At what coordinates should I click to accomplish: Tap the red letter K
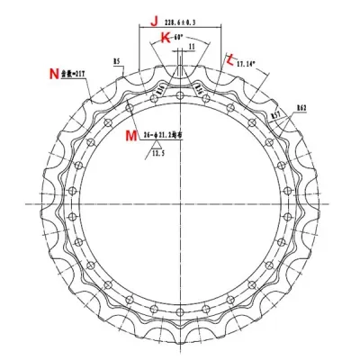pos(165,36)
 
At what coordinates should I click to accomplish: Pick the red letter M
pos(131,135)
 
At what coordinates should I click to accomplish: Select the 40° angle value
pos(179,37)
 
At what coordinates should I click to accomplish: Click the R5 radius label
pos(117,61)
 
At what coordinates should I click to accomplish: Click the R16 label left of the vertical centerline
pos(161,89)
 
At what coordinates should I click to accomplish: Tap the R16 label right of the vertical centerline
pos(200,89)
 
